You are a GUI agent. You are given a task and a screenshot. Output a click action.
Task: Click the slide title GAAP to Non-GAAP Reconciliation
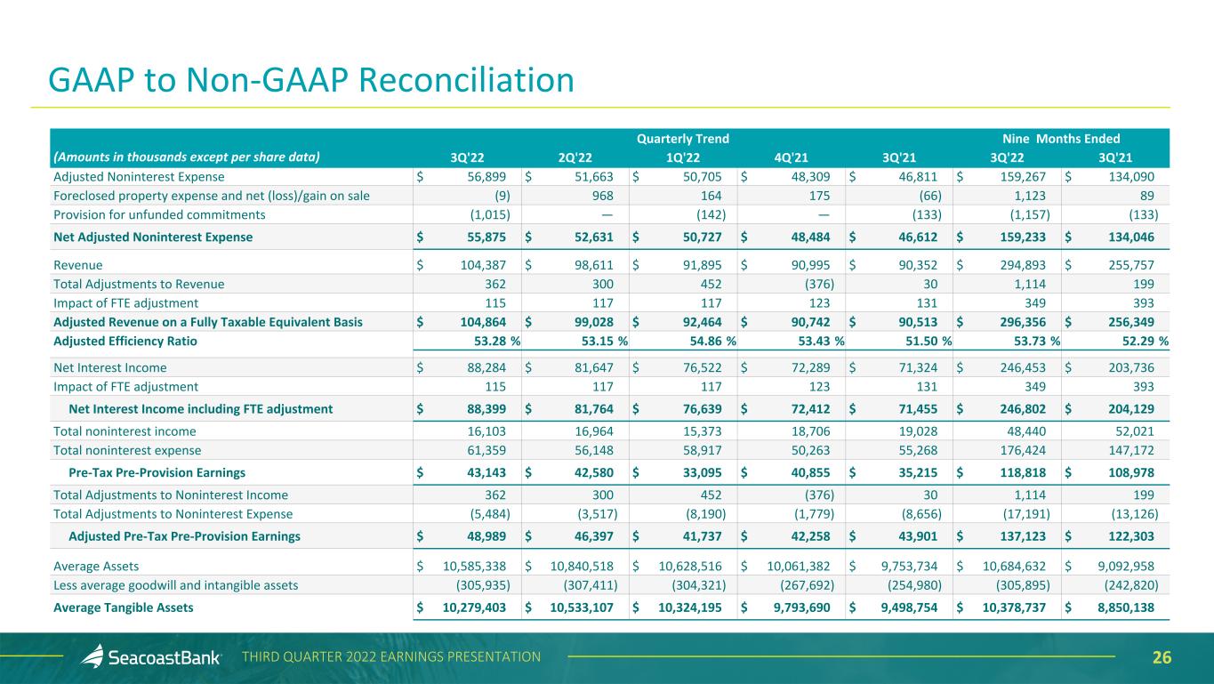point(311,80)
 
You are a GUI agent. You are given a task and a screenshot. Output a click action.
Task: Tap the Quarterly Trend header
point(683,139)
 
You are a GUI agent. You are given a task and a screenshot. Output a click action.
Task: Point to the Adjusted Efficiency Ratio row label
point(125,341)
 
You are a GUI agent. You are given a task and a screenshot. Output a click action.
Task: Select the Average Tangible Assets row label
point(124,608)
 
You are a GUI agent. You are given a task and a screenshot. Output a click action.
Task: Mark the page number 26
point(1162,658)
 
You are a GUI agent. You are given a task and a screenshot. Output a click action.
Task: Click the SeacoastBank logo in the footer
point(147,657)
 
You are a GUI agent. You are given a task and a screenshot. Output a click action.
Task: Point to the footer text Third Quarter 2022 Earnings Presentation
point(391,657)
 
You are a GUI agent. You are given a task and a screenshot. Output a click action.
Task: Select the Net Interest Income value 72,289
point(806,366)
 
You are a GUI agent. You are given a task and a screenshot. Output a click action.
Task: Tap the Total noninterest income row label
point(125,431)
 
